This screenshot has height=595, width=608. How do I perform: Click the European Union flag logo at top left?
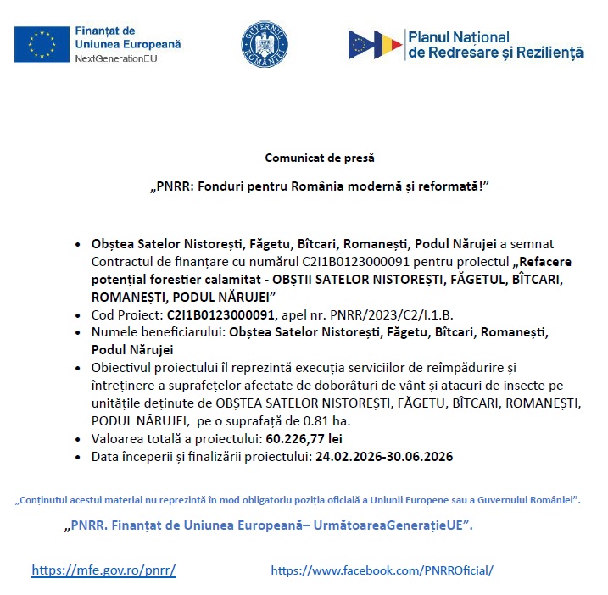pyautogui.click(x=42, y=44)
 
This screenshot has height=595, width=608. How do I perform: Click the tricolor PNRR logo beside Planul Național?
pyautogui.click(x=376, y=45)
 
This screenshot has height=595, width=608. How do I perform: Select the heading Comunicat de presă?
pyautogui.click(x=319, y=158)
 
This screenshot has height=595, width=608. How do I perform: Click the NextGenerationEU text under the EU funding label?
pyautogui.click(x=116, y=59)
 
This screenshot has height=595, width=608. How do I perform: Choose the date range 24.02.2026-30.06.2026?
pyautogui.click(x=384, y=456)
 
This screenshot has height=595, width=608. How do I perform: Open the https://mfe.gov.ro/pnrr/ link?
pyautogui.click(x=103, y=570)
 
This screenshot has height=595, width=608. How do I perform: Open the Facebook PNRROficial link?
pyautogui.click(x=382, y=570)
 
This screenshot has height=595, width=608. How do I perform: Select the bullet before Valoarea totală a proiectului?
pyautogui.click(x=78, y=439)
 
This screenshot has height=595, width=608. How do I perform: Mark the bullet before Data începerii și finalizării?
pyautogui.click(x=78, y=456)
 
